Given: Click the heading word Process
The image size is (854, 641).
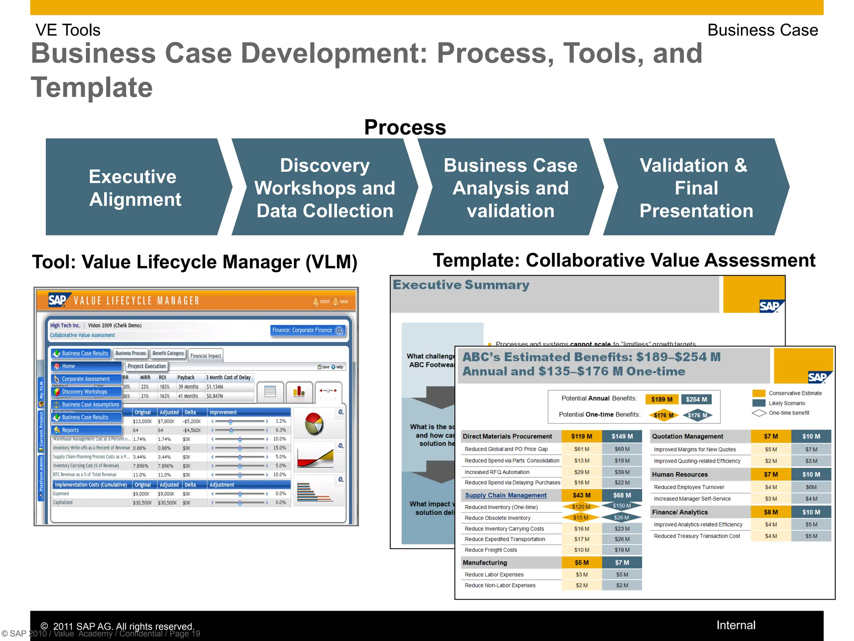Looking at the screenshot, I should (x=405, y=127).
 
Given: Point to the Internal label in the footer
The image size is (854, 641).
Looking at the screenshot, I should (x=736, y=625).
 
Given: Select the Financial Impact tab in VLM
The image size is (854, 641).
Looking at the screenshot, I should (x=206, y=356).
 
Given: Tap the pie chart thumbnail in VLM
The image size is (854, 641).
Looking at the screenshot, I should (x=314, y=423).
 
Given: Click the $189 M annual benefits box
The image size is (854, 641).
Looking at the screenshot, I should (x=662, y=399).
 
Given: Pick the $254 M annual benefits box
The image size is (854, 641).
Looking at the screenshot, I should (x=696, y=399).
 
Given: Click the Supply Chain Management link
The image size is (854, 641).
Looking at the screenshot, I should (x=505, y=495).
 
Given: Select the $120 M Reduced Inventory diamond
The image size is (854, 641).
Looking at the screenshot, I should (x=581, y=507).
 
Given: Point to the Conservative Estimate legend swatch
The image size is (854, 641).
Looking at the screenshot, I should (x=759, y=393).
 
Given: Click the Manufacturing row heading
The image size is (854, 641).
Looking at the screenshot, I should (x=485, y=563).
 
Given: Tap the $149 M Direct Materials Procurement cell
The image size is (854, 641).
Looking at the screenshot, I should (x=622, y=437).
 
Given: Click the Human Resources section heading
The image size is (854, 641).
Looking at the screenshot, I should (x=680, y=474).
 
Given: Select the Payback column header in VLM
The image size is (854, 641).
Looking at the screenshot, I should (x=186, y=377).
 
